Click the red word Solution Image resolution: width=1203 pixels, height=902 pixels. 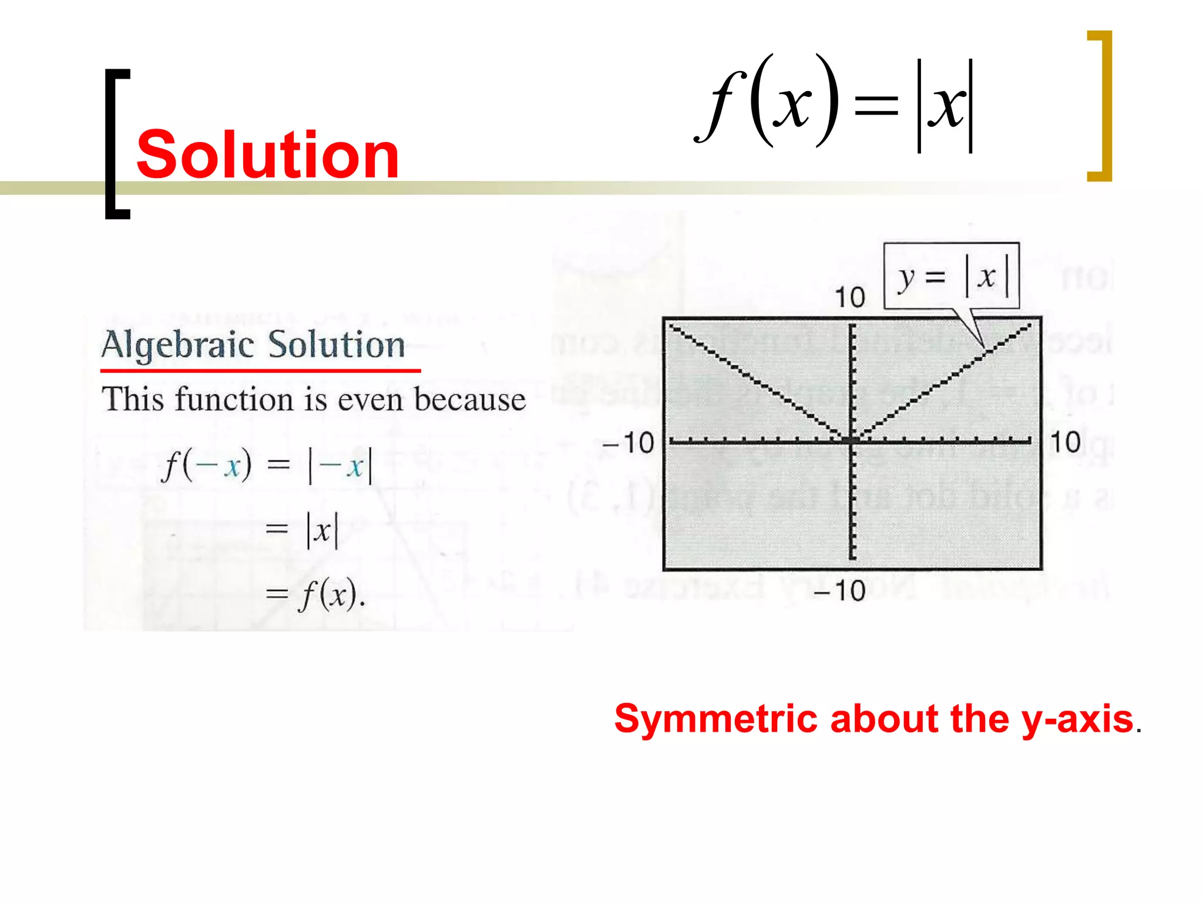268,154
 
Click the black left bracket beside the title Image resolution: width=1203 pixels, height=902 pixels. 116,144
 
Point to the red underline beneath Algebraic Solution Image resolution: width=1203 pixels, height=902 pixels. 260,371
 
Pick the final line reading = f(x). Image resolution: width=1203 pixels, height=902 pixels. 316,594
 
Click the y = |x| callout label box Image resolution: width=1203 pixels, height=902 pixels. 952,276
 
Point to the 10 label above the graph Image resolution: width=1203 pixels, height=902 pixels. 850,297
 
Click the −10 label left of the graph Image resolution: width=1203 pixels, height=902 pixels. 629,443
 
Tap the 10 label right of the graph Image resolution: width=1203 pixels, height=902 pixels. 1065,442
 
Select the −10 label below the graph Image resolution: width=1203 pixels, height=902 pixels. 840,590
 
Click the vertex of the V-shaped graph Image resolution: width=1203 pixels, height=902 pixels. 852,440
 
